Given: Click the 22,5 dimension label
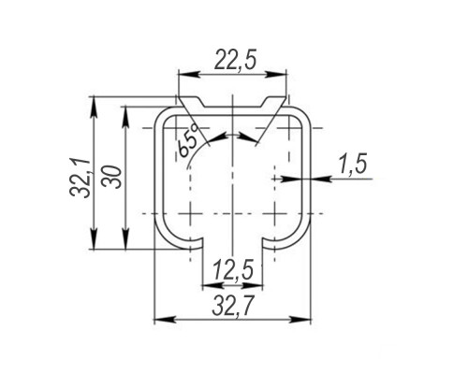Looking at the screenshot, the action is coord(236,61).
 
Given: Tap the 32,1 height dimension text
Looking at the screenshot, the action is coord(80,178).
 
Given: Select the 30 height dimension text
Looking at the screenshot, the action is coord(113,177).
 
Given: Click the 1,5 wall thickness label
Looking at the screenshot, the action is coord(353,164).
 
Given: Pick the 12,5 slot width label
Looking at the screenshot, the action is coord(233,269).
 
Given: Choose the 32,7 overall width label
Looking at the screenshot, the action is coord(233,306).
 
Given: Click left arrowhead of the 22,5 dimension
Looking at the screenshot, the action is coord(188,74).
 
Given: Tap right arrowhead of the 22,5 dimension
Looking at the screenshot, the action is coord(276,74).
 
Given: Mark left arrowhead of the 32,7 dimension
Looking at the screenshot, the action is coord(164,319).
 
